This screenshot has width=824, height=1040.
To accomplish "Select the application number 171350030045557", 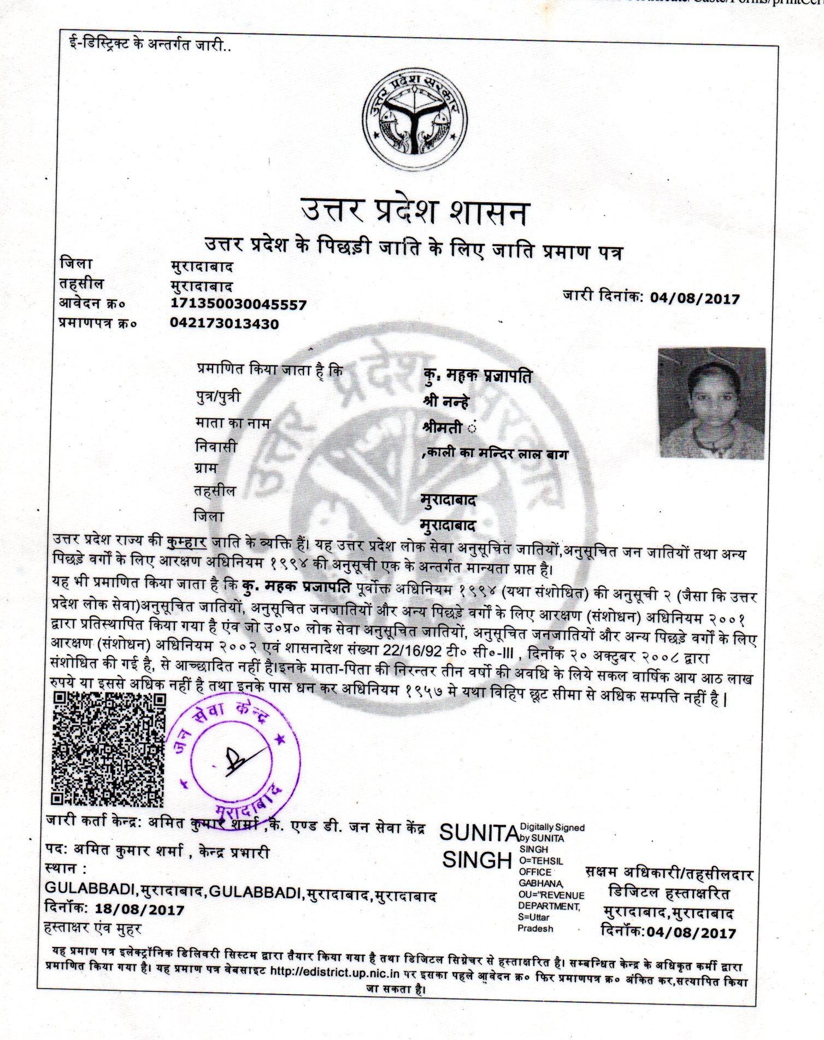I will click(238, 305).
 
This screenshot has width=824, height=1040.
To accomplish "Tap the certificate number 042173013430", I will click(224, 324).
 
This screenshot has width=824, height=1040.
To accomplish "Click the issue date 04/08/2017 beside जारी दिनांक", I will click(694, 299).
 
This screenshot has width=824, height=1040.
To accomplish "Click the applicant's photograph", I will click(711, 403).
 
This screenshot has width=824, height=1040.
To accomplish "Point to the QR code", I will click(108, 750).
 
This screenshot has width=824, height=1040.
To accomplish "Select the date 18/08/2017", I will click(139, 910).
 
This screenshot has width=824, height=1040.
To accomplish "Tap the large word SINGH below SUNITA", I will click(476, 861).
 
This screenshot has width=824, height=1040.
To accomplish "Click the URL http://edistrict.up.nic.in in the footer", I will click(334, 974).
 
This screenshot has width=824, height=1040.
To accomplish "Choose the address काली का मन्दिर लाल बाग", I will click(497, 453).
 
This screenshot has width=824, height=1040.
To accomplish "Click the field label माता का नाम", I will click(232, 423).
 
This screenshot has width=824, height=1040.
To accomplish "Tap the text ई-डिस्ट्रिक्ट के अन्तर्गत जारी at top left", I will click(146, 44).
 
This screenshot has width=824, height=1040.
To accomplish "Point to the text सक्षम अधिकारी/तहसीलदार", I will click(669, 873).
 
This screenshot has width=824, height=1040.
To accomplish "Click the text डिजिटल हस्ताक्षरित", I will click(669, 893).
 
